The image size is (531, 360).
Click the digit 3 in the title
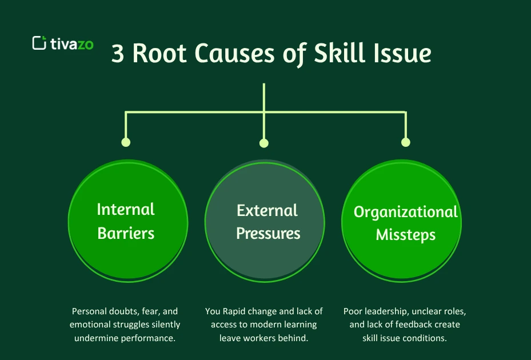[118, 54]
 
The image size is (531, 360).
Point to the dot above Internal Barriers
[126, 142]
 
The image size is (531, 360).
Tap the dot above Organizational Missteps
[406, 142]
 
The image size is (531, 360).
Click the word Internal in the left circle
[126, 210]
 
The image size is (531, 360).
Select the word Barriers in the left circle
[126, 233]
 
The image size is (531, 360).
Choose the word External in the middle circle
[267, 210]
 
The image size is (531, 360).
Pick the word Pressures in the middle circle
[268, 233]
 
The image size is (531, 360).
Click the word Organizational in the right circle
[406, 212]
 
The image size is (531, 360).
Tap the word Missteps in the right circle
[406, 235]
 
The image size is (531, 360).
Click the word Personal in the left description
[91, 311]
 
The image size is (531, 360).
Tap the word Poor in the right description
[353, 311]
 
